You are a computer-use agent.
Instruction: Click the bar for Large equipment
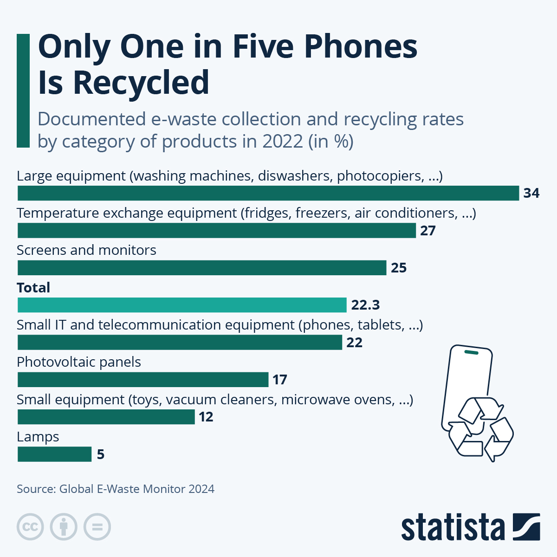tap(268, 193)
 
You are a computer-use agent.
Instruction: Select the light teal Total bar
tap(182, 305)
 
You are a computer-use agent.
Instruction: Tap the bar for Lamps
tap(54, 454)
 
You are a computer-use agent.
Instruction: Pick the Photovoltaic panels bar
tap(143, 380)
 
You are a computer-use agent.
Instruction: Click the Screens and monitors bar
tap(202, 268)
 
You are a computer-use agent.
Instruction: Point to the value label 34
tap(531, 193)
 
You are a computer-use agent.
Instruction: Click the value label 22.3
tap(365, 305)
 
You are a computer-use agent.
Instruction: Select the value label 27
tap(428, 231)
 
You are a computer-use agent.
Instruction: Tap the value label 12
tap(206, 417)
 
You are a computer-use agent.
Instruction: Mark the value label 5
tap(101, 454)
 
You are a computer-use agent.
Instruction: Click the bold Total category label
tap(33, 288)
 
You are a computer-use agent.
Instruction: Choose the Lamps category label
tap(38, 437)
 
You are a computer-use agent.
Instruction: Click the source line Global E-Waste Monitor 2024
tap(116, 489)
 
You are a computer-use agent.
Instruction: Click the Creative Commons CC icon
tap(30, 527)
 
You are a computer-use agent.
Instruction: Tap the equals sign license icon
tap(97, 527)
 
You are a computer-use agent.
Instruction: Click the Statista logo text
tap(453, 528)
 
